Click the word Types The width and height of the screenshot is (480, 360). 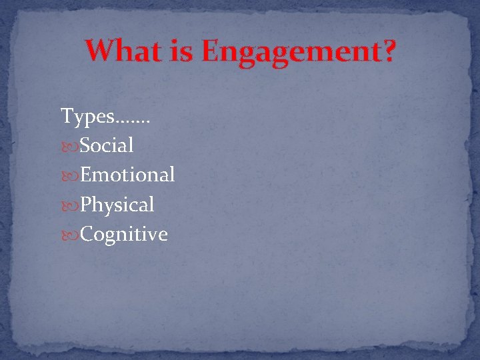tap(87, 117)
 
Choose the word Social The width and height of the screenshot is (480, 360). tap(107, 145)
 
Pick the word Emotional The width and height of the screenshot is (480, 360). tap(127, 175)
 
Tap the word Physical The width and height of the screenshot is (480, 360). tap(117, 205)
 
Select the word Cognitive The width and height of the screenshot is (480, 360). tap(124, 235)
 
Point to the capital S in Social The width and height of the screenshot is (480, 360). tap(86, 145)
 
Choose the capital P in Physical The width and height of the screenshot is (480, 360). tap(86, 204)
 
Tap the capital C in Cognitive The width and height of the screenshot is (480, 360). tap(87, 234)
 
